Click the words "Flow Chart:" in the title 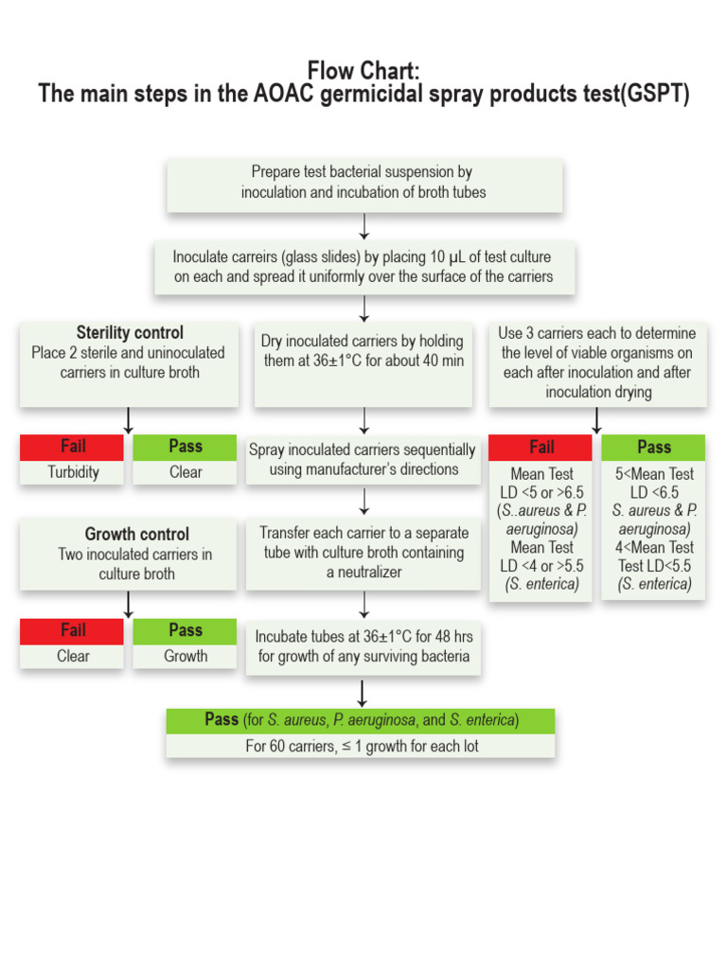click(x=363, y=71)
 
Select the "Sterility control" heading click(x=130, y=333)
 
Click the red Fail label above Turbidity click(x=73, y=447)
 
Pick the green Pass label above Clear click(x=186, y=447)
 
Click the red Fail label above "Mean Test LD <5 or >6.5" click(x=541, y=447)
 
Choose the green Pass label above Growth click(x=186, y=630)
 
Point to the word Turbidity click(x=73, y=472)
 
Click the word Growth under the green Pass click(x=186, y=656)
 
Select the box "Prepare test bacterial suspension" click(x=364, y=183)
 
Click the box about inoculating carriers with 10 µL click(x=363, y=267)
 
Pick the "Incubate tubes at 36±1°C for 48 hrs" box click(x=363, y=646)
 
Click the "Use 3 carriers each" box click(x=597, y=362)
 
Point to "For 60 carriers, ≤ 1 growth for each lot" click(x=361, y=746)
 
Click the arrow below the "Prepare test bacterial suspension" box click(x=364, y=226)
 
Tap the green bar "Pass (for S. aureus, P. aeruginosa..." click(x=361, y=720)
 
